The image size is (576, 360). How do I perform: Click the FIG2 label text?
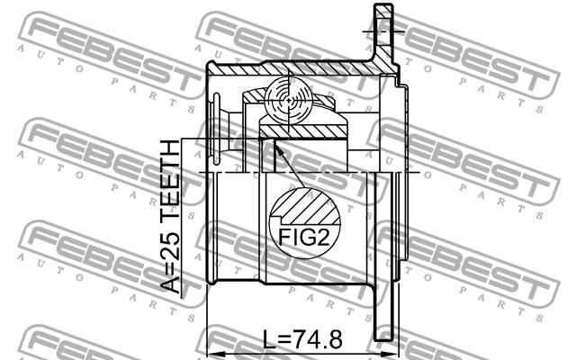point(304,237)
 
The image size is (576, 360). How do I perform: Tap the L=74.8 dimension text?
point(302,339)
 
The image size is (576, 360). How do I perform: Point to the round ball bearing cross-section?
point(289,101)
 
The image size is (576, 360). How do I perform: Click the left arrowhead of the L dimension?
point(217,355)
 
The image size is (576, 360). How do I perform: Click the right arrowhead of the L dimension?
point(389,355)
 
